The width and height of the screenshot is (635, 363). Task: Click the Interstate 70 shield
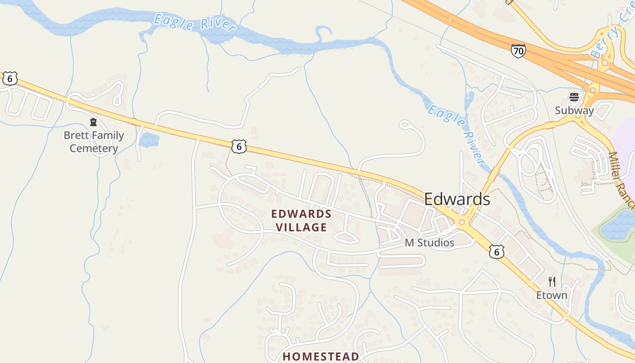(x=518, y=51)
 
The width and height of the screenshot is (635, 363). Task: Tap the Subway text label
(x=574, y=111)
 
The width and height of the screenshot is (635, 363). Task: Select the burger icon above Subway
(x=574, y=97)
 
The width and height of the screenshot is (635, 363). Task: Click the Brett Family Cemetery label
(x=93, y=142)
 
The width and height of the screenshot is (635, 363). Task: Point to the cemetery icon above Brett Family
(x=93, y=122)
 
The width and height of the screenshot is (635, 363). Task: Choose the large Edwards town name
(x=457, y=199)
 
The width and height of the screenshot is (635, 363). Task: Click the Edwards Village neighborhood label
(x=301, y=220)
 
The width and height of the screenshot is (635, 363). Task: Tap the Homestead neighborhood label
(x=321, y=356)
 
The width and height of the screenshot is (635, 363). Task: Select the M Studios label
(x=429, y=243)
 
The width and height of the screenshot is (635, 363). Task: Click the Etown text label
(x=552, y=295)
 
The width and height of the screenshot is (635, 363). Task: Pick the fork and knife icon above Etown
(x=552, y=281)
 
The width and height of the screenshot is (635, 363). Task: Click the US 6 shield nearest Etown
(x=497, y=251)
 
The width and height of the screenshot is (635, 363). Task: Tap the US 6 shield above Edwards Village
(x=239, y=146)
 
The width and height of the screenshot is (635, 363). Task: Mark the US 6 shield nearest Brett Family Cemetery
(x=10, y=78)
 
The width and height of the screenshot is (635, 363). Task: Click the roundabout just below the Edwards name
(x=462, y=222)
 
